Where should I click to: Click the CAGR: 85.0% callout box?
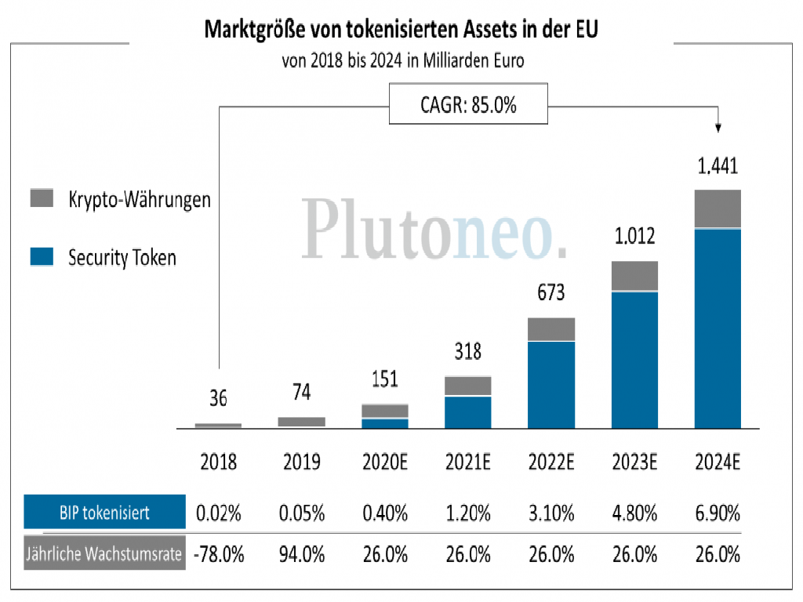tap(468, 105)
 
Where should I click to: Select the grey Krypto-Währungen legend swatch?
tap(42, 198)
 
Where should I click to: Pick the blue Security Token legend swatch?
tap(42, 256)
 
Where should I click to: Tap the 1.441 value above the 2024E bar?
tap(718, 166)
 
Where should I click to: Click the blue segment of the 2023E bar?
tap(634, 360)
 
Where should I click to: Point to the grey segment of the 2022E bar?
tap(551, 329)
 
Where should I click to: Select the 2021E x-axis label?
tap(467, 462)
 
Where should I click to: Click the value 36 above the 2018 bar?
tap(218, 399)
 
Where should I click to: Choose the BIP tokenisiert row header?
tap(104, 513)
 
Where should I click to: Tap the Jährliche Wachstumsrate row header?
tap(104, 554)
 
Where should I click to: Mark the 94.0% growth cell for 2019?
tap(301, 554)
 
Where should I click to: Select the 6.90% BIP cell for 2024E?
tap(718, 513)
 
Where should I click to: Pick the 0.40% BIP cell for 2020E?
tap(384, 513)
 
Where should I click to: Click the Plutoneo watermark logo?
tap(435, 228)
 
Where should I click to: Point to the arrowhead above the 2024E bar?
tap(718, 129)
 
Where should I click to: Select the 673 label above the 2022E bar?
tap(551, 294)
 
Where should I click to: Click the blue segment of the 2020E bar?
tap(385, 423)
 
